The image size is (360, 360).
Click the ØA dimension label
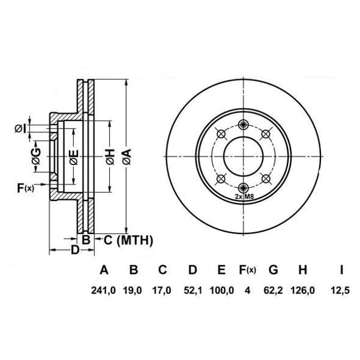pyautogui.click(x=126, y=158)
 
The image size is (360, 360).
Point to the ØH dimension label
pyautogui.click(x=109, y=158)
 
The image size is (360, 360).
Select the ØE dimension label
pyautogui.click(x=73, y=158)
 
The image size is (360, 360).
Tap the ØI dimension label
pyautogui.click(x=20, y=128)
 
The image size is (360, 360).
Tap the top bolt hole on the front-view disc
pyautogui.click(x=242, y=124)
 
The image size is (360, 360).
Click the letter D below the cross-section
pyautogui.click(x=74, y=250)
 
